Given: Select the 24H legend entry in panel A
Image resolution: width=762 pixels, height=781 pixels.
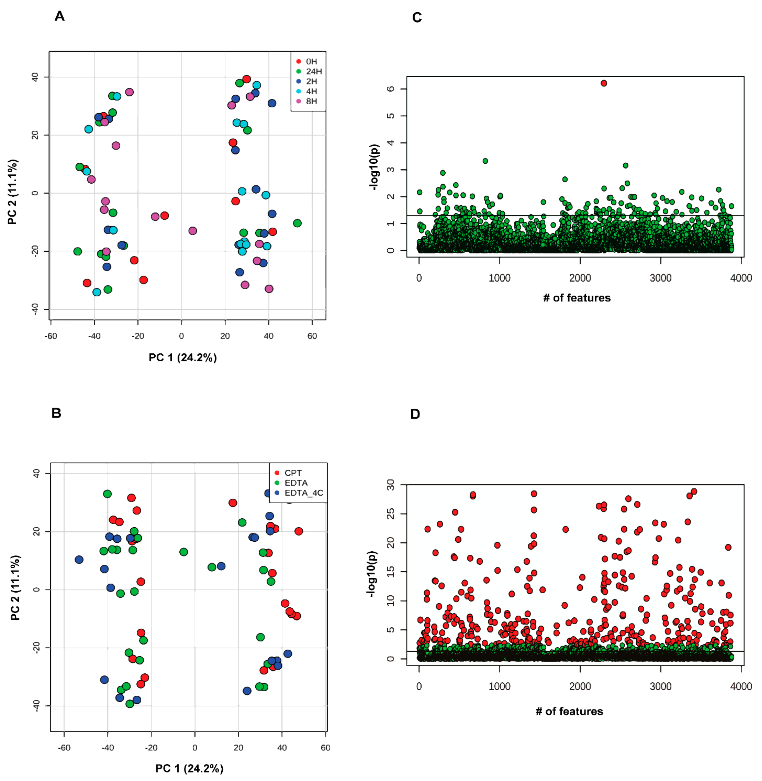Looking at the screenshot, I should pyautogui.click(x=313, y=71).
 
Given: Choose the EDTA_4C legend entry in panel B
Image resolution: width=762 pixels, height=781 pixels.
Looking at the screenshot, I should pyautogui.click(x=303, y=493).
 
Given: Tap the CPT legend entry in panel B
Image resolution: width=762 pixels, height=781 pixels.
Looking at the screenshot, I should pyautogui.click(x=292, y=473).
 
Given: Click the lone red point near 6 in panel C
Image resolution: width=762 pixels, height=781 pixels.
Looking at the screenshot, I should pyautogui.click(x=604, y=83).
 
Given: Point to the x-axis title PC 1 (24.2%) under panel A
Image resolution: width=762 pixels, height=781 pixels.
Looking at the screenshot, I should pyautogui.click(x=183, y=357).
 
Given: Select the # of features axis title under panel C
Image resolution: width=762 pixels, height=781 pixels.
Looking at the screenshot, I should pyautogui.click(x=577, y=298).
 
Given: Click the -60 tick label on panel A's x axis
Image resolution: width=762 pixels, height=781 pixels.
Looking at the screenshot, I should pyautogui.click(x=51, y=336).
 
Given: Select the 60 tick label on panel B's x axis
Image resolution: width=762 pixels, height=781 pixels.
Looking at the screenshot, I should pyautogui.click(x=325, y=747).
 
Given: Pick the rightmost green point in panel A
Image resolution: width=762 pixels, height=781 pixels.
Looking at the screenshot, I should pyautogui.click(x=297, y=223).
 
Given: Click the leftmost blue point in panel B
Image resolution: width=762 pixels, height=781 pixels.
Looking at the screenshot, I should pyautogui.click(x=79, y=560).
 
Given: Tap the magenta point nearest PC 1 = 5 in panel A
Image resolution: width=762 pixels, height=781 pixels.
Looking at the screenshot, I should pyautogui.click(x=193, y=231).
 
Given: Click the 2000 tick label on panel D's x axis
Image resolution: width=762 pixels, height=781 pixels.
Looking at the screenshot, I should pyautogui.click(x=580, y=686).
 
